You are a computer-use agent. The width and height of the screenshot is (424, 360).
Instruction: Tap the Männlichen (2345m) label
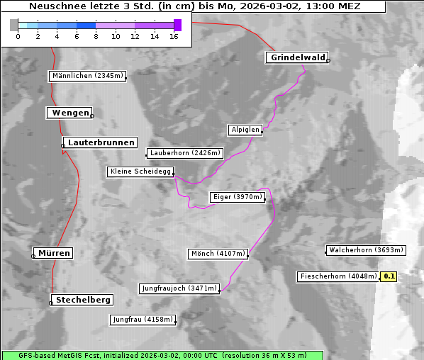click(87, 76)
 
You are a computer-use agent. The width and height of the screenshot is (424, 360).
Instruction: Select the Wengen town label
click(69, 113)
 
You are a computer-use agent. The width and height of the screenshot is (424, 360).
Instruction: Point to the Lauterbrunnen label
click(101, 142)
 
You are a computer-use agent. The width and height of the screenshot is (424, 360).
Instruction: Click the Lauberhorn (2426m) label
click(185, 152)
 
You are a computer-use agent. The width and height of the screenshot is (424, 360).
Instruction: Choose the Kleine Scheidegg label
click(140, 171)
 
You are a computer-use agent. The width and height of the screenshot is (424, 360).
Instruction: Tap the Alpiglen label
click(245, 130)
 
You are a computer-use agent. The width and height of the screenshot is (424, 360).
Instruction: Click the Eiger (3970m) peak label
click(238, 197)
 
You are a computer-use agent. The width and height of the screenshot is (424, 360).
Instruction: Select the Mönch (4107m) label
click(218, 254)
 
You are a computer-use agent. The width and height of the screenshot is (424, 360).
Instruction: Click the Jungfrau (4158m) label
click(142, 320)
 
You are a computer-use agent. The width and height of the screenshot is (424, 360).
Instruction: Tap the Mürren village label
click(54, 253)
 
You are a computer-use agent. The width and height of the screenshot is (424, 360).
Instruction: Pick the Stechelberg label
click(84, 300)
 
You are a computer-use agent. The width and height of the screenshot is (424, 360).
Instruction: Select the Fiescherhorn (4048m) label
click(337, 276)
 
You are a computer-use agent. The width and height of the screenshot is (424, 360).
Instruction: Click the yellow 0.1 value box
click(389, 276)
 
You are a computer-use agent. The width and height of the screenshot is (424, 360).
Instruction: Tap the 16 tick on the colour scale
click(174, 35)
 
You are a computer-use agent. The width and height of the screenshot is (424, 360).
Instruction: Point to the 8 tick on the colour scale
click(96, 35)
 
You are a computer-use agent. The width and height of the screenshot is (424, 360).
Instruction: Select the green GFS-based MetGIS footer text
click(162, 355)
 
